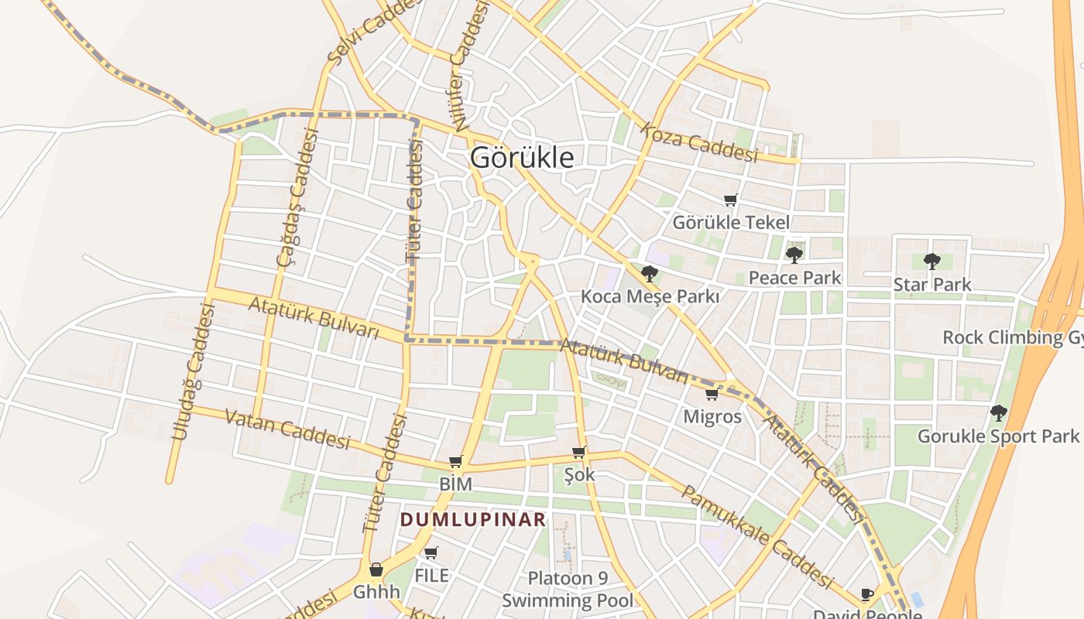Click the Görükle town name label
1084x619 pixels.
523,158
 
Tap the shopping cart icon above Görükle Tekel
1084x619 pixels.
730,200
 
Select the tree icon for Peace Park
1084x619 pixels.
794,255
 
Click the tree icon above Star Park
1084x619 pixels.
931,262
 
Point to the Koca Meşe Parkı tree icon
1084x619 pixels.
650,273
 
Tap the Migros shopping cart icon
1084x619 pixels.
712,395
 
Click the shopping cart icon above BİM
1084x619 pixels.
455,462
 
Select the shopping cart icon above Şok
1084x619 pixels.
578,453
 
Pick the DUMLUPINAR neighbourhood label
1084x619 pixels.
473,520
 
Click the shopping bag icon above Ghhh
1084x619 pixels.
376,570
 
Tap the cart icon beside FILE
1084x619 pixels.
431,553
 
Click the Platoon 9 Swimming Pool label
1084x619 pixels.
568,590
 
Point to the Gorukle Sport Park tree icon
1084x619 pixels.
999,412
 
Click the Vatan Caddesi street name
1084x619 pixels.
287,429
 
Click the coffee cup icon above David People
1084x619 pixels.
867,594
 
